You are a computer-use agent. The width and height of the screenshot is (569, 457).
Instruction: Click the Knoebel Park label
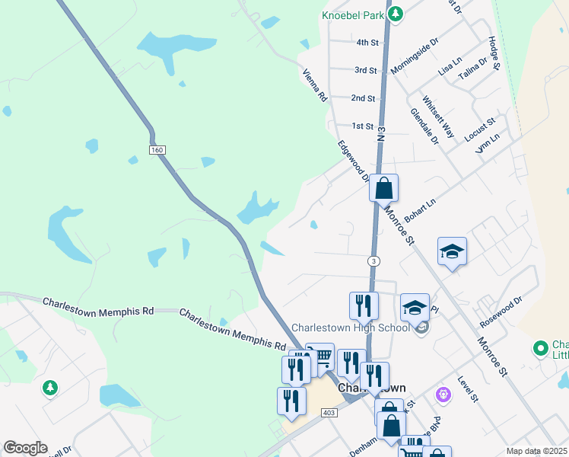353,14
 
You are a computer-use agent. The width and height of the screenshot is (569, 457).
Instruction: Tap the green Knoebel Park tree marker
395,14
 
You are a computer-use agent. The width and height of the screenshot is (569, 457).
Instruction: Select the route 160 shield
157,150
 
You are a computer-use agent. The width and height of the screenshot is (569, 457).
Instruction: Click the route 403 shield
329,412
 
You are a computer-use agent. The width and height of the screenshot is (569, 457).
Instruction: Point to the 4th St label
367,43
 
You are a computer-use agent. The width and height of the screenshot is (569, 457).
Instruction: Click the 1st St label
362,126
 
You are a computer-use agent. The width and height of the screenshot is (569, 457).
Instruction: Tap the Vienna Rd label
314,86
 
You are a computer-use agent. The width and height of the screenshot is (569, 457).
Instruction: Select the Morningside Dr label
415,57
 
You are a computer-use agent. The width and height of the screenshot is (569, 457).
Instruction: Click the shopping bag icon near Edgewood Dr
384,187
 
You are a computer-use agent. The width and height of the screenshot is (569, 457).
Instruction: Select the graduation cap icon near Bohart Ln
452,251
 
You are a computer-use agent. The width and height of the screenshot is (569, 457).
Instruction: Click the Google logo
25,448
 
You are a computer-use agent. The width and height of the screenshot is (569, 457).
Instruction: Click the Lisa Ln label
450,65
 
